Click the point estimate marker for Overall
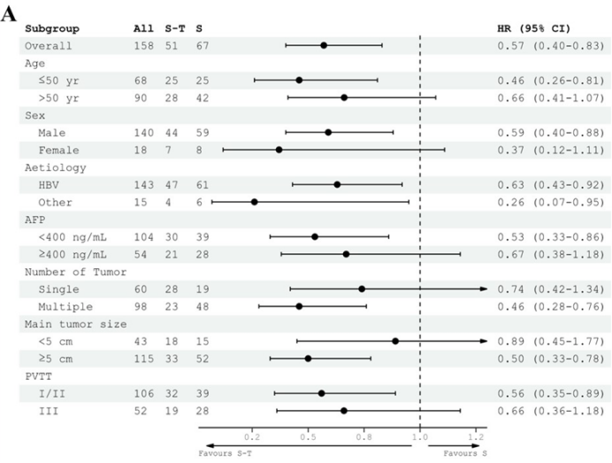(x=324, y=44)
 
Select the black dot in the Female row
(x=279, y=150)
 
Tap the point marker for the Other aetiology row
(x=255, y=202)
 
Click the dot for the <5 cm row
(x=395, y=341)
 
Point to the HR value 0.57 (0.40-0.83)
(x=550, y=44)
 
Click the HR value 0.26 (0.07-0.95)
(x=550, y=202)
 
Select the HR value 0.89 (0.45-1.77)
(x=550, y=341)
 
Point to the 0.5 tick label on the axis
(x=308, y=436)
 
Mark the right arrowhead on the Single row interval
(x=484, y=289)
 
